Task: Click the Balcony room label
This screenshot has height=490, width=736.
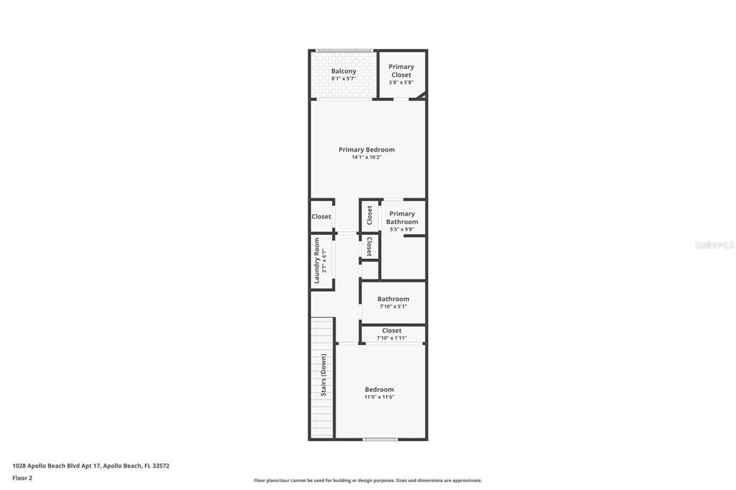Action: (x=344, y=71)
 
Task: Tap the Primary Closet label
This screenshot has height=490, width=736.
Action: (x=401, y=70)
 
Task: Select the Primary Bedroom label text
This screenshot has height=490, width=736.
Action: (x=367, y=149)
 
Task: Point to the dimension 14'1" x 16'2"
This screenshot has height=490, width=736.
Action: (x=367, y=157)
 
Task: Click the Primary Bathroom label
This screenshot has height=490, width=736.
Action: (x=402, y=218)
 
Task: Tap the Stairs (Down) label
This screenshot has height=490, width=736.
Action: (x=323, y=375)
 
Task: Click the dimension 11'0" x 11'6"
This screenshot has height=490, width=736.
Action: (x=379, y=397)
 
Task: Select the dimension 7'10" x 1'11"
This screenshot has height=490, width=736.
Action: (x=392, y=338)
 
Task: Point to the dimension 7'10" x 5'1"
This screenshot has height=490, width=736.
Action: (x=393, y=307)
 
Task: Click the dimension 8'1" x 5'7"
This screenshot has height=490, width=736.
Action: (x=344, y=78)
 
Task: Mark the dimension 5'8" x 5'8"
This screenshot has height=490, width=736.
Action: (x=401, y=83)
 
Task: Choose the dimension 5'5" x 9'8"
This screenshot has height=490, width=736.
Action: (x=402, y=230)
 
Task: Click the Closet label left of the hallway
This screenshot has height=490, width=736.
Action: (x=321, y=216)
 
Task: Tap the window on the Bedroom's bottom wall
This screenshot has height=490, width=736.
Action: (x=379, y=439)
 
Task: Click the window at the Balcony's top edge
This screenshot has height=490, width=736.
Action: (x=344, y=50)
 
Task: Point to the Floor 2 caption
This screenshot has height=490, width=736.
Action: (x=22, y=478)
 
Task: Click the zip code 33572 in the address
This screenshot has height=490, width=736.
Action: (x=160, y=466)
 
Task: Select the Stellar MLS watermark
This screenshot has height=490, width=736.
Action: (x=714, y=245)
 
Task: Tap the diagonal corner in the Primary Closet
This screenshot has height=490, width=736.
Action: (x=423, y=95)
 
